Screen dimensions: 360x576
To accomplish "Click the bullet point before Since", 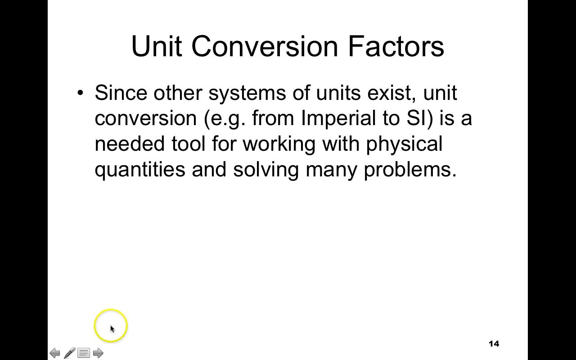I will pos(81,93).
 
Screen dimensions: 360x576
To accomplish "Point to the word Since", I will pos(121,93).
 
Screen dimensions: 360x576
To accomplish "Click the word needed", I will pos(130,144).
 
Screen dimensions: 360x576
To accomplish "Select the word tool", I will pos(188,144).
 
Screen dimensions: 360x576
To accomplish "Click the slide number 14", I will pos(494,344).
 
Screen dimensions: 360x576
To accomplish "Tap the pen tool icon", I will pos(69,353).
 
